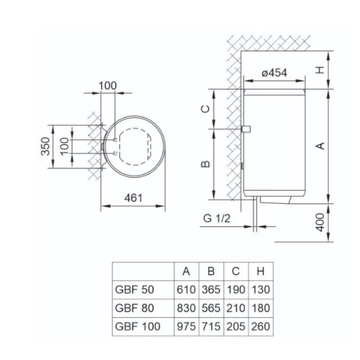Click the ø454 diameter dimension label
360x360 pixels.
click(274, 73)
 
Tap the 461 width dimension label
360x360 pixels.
click(133, 198)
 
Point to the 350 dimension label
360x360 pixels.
click(45, 147)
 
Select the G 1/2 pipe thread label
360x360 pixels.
click(216, 218)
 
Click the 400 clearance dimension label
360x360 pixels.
click(320, 222)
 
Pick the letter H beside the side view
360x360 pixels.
click(320, 70)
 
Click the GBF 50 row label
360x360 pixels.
click(134, 289)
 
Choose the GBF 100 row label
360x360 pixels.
click(138, 327)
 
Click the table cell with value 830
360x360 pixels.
click(186, 308)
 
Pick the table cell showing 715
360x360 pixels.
click(211, 327)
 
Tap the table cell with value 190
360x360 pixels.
click(236, 289)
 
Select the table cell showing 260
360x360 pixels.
click(261, 327)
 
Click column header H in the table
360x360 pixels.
click(261, 271)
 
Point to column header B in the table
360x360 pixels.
click(211, 271)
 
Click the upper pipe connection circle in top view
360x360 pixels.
click(116, 140)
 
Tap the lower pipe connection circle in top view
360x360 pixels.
click(116, 153)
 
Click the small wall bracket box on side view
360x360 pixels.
click(246, 129)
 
